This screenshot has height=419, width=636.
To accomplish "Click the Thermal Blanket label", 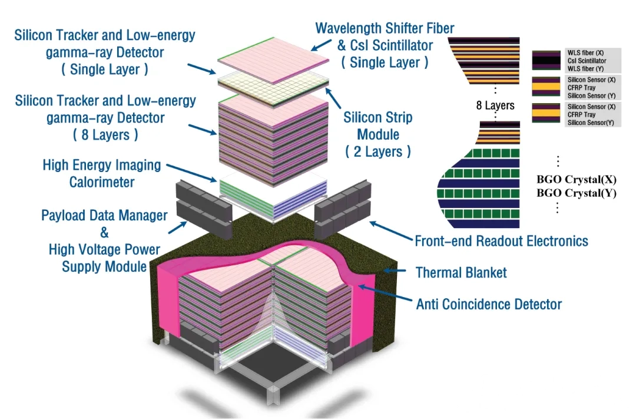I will pos(461,272).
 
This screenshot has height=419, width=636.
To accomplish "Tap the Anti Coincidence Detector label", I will pos(489,304).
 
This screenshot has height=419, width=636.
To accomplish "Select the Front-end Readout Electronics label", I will pos(501,240).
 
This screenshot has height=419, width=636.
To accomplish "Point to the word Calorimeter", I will pos(102,182).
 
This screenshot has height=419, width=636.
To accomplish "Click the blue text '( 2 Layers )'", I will pos(378,151).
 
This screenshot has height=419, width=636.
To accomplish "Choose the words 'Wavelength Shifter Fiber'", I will pos(385,28).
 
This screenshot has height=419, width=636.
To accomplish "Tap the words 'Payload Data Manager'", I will pos(104,215).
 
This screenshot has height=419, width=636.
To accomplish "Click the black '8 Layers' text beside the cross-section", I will pos(495,105).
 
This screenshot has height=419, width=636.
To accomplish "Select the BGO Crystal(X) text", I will pos(577,180).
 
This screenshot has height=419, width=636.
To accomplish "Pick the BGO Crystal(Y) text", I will pos(577,193).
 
